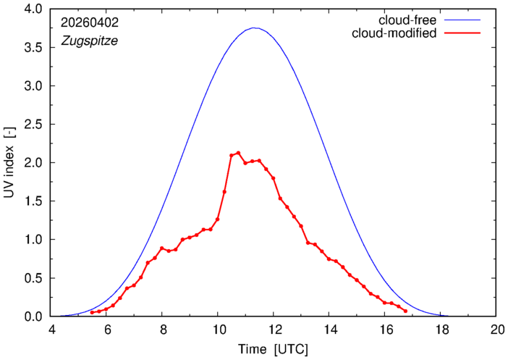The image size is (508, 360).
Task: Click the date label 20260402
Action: (90, 22)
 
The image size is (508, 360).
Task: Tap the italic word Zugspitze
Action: (90, 41)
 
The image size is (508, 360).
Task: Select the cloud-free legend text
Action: (407, 20)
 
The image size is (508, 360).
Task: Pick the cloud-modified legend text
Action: (394, 33)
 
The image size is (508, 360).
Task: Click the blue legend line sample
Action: (462, 20)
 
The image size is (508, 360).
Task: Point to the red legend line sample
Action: (462, 33)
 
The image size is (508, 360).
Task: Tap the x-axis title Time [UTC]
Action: (273, 349)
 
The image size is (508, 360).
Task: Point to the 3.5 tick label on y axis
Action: (33, 47)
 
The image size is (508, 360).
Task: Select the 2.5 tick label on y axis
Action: (33, 124)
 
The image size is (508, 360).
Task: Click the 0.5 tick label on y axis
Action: (33, 278)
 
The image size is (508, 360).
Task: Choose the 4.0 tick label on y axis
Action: (33, 9)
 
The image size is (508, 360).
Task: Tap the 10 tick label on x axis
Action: (218, 330)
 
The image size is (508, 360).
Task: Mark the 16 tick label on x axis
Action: (384, 330)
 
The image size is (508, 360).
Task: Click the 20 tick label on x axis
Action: (496, 330)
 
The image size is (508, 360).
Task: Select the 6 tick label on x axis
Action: (106, 330)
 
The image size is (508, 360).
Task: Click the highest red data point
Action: (238, 152)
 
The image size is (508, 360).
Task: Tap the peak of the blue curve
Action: (254, 28)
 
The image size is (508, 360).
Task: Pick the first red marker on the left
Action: (92, 313)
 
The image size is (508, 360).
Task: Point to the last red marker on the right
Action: (405, 311)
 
